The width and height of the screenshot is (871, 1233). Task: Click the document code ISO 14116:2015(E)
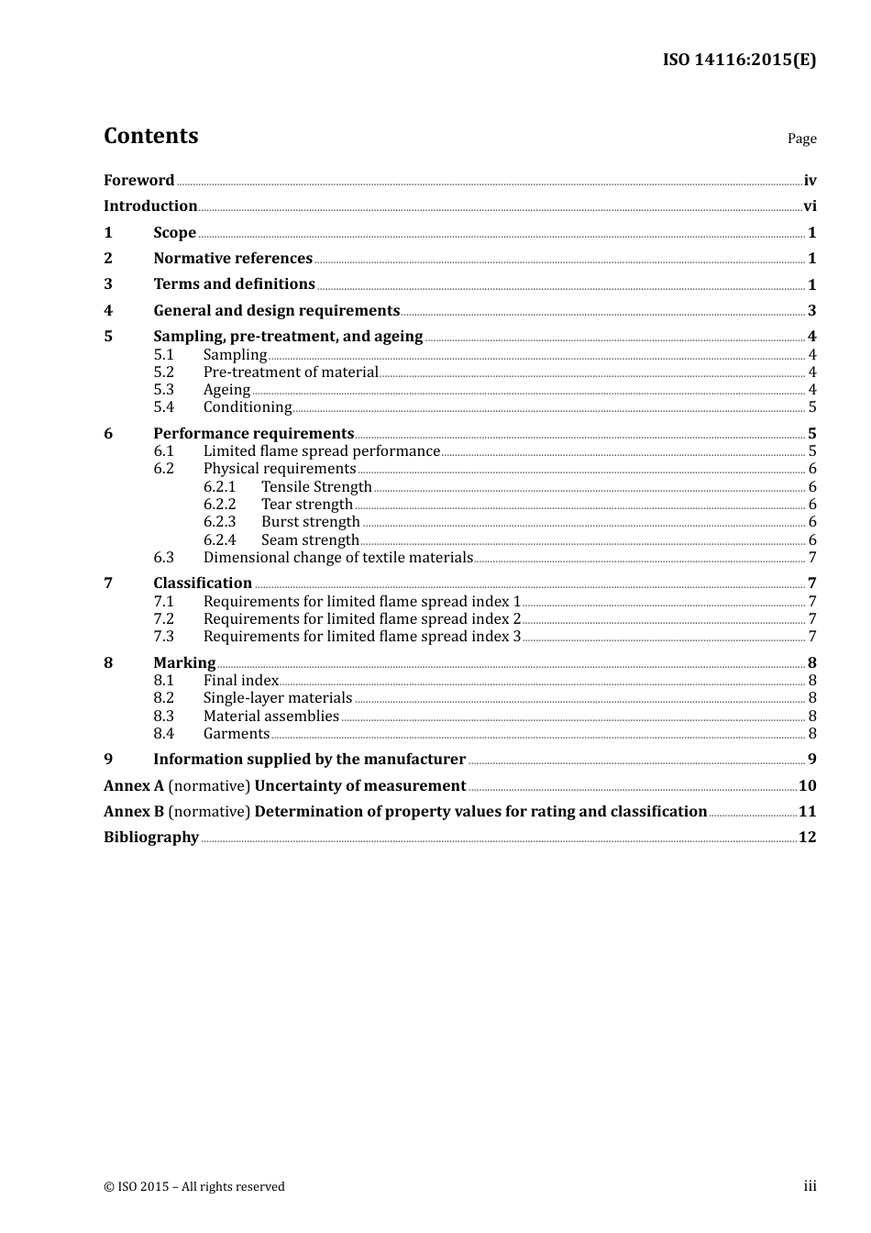739,61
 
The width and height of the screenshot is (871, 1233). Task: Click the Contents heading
150,136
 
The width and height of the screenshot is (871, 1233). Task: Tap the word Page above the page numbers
801,139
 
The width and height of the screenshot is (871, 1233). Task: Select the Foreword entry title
138,180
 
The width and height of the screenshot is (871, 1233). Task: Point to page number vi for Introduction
810,206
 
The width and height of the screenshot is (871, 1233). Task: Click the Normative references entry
233,259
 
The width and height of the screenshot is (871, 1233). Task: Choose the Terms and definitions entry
234,284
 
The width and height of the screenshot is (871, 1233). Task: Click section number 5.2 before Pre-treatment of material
163,372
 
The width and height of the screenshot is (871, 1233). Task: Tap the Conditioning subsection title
248,407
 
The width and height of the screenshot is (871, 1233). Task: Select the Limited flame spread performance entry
322,451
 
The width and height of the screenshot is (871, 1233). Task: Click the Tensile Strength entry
316,487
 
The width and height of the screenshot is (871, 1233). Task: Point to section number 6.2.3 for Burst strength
219,522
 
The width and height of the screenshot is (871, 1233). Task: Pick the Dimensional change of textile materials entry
338,558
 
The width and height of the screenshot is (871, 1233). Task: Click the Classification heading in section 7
203,583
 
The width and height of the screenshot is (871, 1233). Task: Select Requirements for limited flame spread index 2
362,619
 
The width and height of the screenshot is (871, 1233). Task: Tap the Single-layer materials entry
278,698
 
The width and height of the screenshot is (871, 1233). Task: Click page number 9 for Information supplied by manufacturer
811,760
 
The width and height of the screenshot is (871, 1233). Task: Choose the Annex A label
134,786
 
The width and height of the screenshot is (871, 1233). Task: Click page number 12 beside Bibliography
807,838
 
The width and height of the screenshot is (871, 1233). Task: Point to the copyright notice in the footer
194,1186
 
